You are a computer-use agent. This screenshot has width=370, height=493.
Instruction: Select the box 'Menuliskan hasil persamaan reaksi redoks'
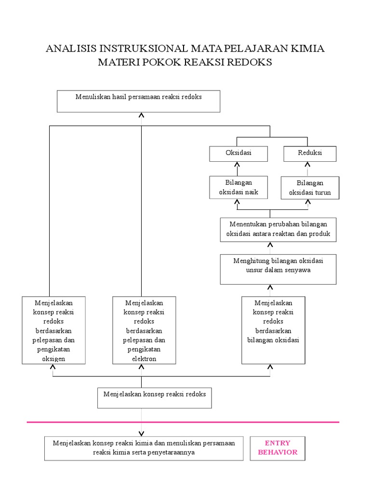tap(138, 101)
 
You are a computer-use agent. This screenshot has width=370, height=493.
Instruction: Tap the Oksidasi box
tap(238, 154)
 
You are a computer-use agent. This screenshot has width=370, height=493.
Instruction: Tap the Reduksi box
tap(310, 154)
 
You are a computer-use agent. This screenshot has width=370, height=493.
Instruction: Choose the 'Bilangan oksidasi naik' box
tap(238, 187)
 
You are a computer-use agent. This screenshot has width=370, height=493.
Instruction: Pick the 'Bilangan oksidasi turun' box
tap(310, 188)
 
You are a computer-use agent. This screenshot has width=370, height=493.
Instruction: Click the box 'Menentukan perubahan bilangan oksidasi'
tap(278, 230)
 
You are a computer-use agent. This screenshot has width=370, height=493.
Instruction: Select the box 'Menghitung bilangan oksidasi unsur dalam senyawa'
tap(278, 270)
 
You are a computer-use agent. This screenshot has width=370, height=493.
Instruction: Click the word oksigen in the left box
tap(53, 359)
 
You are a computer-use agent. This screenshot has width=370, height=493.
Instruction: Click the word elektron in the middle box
tap(144, 359)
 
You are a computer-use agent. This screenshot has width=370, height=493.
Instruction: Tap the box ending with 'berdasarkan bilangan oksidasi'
tap(274, 330)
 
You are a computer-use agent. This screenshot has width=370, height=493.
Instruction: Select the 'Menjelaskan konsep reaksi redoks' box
tap(155, 398)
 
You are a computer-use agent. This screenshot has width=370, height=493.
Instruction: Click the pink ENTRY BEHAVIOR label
tap(277, 448)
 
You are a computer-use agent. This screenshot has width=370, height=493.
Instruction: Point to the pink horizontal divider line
tap(183, 422)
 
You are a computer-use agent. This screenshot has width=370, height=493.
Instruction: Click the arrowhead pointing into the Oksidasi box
tap(237, 165)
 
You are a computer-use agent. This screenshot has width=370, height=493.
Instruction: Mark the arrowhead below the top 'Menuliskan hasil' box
tap(141, 115)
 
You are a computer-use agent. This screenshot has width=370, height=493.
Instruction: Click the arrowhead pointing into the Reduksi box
tap(308, 165)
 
